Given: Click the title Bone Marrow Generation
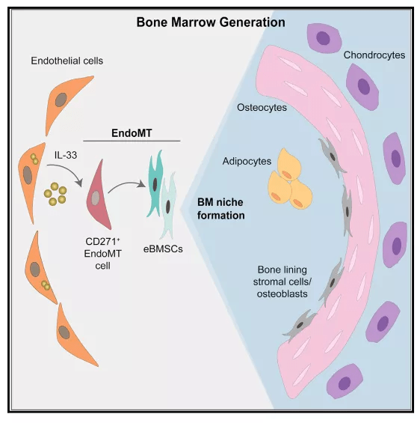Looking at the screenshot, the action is coord(211,22).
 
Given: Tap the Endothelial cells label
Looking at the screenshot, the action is coord(67,61).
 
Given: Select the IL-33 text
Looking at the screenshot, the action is coord(66,155).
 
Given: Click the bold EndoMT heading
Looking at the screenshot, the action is coord(132,133).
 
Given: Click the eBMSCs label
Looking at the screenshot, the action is coord(163,249).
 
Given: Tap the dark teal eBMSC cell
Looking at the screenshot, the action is coord(155,183).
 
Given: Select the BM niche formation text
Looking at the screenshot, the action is coord(220,209).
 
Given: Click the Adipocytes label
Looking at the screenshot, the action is coord(247,161).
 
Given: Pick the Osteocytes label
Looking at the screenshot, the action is coord(262,107).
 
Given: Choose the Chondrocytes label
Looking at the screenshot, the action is coord(374,55).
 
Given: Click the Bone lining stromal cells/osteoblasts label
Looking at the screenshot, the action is coord(282,282).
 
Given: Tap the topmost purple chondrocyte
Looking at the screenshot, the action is coord(324,38).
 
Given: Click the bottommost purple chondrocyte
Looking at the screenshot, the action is coord(345,381).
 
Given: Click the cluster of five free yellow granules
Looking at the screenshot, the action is coord(55,194).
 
